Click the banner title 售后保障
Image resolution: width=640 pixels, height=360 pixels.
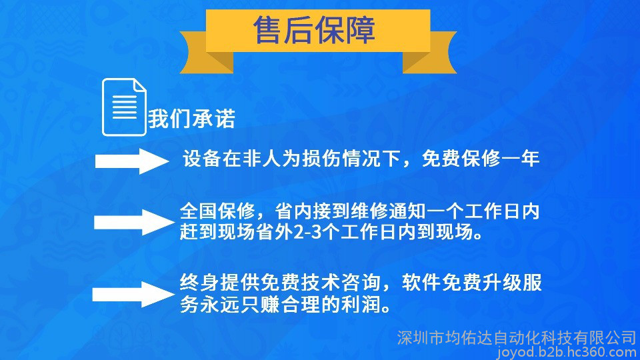point(314,30)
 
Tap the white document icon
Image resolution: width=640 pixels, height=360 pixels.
point(124,107)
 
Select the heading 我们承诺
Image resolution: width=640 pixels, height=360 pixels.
point(192,119)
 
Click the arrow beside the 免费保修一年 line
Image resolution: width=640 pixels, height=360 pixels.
point(132,161)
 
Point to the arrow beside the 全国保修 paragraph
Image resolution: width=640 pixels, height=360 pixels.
point(134,223)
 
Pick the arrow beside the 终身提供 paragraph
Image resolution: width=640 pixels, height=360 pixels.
point(133,294)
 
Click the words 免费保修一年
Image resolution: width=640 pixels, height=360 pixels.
point(481,159)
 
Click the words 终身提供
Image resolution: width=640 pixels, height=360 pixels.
point(219,283)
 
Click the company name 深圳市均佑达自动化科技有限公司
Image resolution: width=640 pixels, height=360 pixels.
point(517,338)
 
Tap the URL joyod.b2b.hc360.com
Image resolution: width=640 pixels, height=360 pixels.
point(567,352)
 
